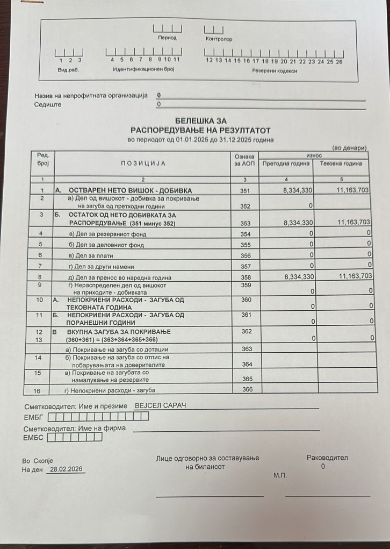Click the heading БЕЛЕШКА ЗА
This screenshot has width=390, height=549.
click(201, 121)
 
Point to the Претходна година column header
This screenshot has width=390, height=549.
click(286, 163)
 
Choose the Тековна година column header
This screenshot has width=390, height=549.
click(341, 163)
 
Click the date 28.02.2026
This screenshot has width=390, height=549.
click(66, 469)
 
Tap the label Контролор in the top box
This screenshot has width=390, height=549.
click(219, 39)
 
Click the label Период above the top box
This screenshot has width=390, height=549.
click(167, 38)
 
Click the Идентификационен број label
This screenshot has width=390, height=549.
click(143, 70)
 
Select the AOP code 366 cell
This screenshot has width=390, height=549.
click(247, 389)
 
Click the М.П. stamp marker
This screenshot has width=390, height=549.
click(280, 476)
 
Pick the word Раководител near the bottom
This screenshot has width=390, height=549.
click(327, 458)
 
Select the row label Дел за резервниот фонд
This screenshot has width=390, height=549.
click(107, 234)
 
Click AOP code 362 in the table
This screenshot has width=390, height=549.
click(247, 332)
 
